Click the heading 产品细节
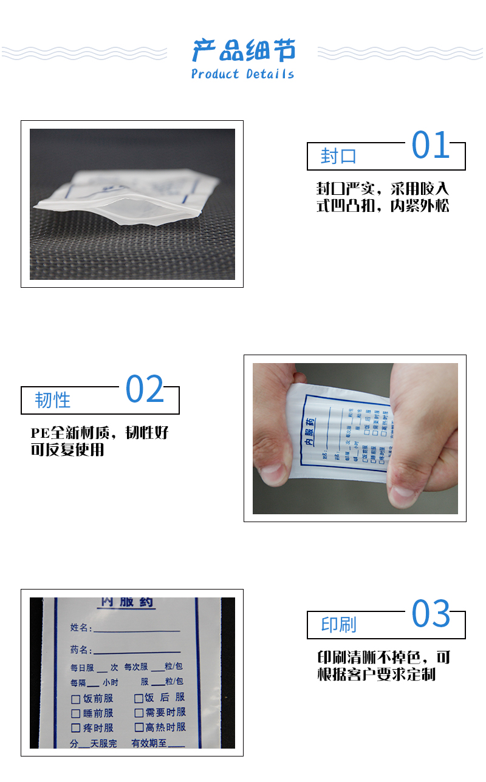(244, 50)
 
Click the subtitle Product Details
(242, 75)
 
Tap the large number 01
(431, 145)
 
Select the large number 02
(145, 390)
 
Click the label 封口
(338, 157)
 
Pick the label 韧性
(53, 400)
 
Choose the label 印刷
(339, 625)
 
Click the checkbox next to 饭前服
(76, 699)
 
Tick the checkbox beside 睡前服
(76, 713)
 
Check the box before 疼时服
(76, 727)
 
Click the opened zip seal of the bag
(115, 209)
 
